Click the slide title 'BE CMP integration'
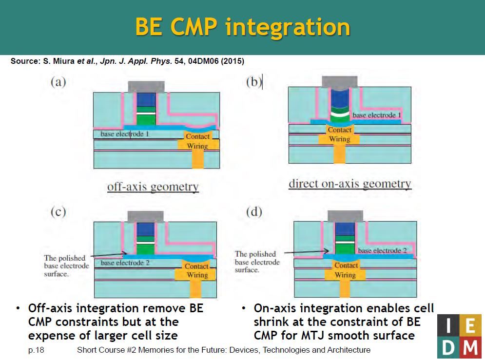[243, 27]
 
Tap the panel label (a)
[58, 82]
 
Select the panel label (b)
[254, 82]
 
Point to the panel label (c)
[58, 212]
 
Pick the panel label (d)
[254, 212]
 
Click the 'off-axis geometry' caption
[153, 187]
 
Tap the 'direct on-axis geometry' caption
[350, 184]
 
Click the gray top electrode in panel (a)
[146, 87]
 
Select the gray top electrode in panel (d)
[345, 216]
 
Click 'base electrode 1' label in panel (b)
[377, 115]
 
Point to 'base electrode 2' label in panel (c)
[125, 263]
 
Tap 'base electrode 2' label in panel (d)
[382, 250]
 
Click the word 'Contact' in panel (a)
[197, 136]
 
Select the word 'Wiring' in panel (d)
[345, 275]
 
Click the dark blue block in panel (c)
[145, 229]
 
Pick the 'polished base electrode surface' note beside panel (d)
[257, 262]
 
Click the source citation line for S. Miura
[127, 61]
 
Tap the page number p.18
[36, 350]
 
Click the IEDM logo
[459, 336]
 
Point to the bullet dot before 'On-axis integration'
[244, 308]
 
